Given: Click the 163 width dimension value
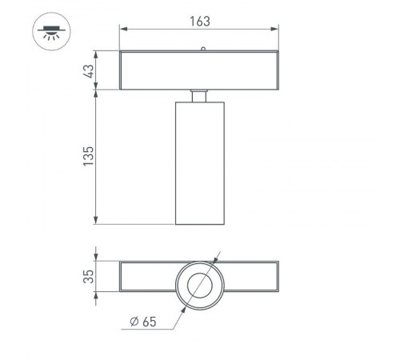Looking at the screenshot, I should tap(200, 22).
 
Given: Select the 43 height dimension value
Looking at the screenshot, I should tap(89, 70).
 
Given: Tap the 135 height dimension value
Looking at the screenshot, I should tap(89, 155).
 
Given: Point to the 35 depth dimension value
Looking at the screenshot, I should tap(89, 277).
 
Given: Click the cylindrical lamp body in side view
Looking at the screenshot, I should tap(200, 163).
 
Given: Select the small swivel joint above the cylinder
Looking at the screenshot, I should tap(200, 96).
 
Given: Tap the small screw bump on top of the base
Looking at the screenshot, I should tap(203, 49).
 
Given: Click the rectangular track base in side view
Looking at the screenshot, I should tap(200, 70).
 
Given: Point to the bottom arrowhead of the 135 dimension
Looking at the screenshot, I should tap(97, 221).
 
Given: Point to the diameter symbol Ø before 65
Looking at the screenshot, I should tap(133, 324).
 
